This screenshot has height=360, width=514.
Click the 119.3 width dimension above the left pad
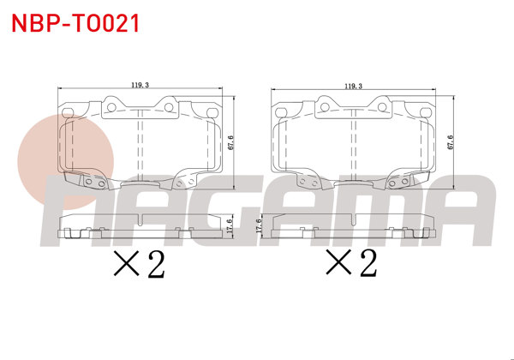point(141,86)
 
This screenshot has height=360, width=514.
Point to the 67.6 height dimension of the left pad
point(231,141)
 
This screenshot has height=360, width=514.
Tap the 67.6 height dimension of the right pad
point(450,141)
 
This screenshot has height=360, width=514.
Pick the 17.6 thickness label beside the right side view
point(260,225)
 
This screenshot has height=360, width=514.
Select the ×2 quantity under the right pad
point(351,265)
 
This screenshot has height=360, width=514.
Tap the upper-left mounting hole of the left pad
point(110,108)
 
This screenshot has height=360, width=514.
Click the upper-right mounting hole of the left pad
point(169,108)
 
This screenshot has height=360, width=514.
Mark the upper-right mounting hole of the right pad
point(383,108)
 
